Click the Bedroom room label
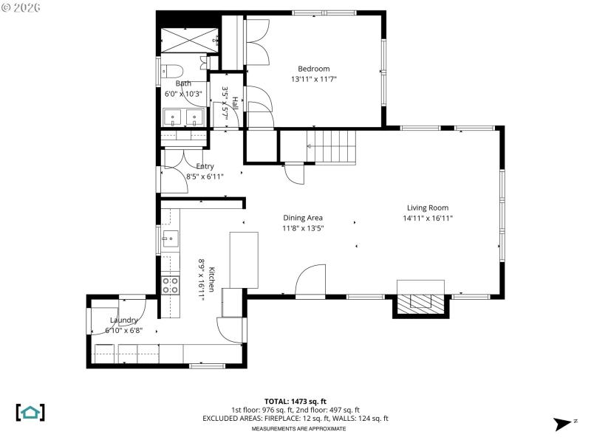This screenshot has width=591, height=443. click(x=313, y=69)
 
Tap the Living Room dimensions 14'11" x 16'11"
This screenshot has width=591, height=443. click(x=427, y=218)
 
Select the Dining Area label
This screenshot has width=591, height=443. click(x=303, y=218)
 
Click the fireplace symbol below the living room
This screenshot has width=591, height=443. click(x=420, y=301)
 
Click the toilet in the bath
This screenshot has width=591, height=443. click(x=171, y=72)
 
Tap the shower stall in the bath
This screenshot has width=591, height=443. click(x=188, y=39)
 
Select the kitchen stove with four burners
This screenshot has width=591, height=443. click(x=170, y=285)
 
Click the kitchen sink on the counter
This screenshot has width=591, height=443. click(x=169, y=238)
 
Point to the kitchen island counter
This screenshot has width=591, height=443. click(x=244, y=259)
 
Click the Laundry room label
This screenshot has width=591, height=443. click(x=123, y=320)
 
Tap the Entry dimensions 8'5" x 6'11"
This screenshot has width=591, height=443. click(x=205, y=176)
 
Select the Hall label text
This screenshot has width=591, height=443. click(x=236, y=105)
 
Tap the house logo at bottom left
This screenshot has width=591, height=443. click(x=30, y=412)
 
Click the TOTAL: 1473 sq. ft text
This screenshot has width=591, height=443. click(x=295, y=401)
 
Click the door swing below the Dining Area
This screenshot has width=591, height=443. click(x=310, y=281)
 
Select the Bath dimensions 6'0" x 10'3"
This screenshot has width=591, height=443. click(x=183, y=94)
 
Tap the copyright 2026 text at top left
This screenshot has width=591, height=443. click(x=22, y=7)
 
